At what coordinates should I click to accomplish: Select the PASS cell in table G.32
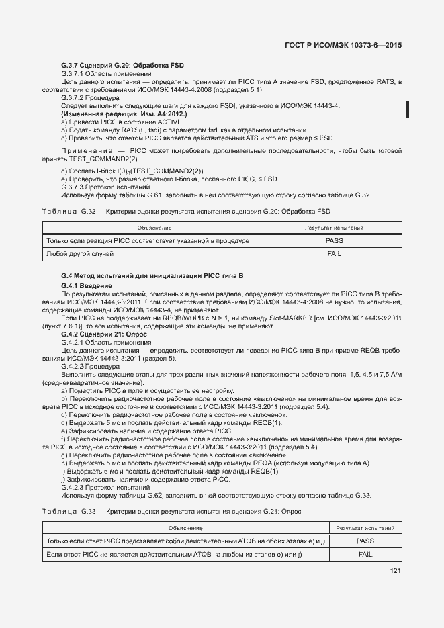pyautogui.click(x=334, y=240)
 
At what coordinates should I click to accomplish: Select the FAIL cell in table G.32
pyautogui.click(x=334, y=254)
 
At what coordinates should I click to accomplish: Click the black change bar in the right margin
pyautogui.click(x=407, y=109)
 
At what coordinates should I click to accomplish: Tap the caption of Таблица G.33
pyautogui.click(x=172, y=512)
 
